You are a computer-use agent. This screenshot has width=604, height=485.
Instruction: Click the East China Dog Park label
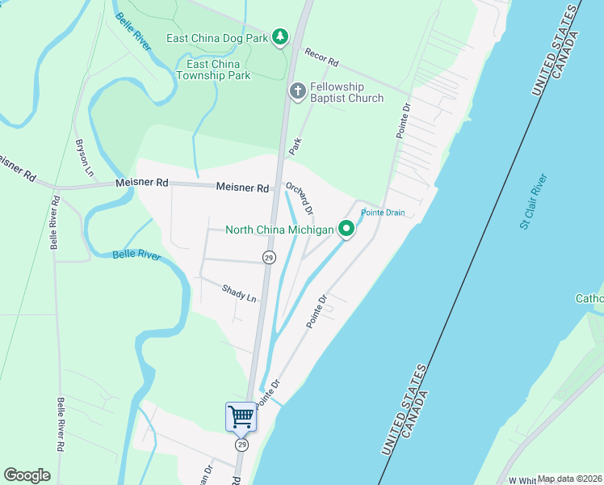coord(217,38)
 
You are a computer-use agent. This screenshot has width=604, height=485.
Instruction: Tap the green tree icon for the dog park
coord(279,37)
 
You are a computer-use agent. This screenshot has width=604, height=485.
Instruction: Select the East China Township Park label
coord(219,70)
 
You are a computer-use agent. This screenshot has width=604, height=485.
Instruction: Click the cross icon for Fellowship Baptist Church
coord(297,91)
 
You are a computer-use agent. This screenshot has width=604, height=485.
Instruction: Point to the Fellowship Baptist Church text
coord(346,92)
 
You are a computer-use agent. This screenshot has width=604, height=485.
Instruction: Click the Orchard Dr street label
coord(300,199)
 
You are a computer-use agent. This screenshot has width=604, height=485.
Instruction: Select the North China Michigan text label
coord(279,230)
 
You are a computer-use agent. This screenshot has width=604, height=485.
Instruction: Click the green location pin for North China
coord(347,230)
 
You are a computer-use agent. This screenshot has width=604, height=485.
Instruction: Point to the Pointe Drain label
coord(382,213)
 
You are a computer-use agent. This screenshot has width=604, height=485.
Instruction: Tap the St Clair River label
coord(534,200)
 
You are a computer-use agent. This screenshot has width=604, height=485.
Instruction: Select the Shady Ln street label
coord(240,293)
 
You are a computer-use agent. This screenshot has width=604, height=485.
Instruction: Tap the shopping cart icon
coord(241,417)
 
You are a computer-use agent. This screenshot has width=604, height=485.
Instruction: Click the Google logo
coord(27,475)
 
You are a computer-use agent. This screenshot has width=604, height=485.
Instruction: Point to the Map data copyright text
coord(570,479)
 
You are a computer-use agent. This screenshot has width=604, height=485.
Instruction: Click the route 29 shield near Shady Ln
coord(268,257)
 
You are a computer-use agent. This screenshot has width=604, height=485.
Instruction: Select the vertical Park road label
coord(296,146)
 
